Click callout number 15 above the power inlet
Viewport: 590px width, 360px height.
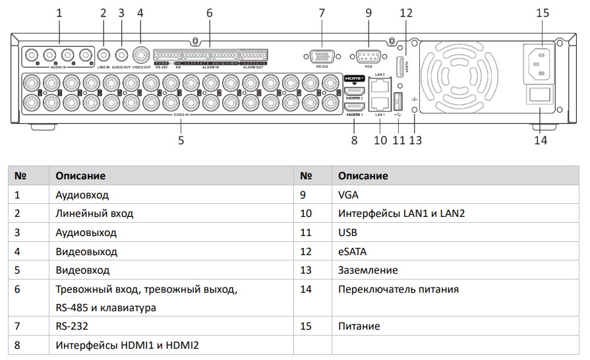point(543,12)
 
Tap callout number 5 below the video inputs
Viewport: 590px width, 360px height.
point(181,139)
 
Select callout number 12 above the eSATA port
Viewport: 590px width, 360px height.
point(406,12)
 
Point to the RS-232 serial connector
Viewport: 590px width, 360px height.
point(321,55)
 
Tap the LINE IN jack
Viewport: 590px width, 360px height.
point(103,56)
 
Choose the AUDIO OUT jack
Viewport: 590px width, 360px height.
point(121,56)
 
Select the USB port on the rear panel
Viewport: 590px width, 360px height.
point(398,102)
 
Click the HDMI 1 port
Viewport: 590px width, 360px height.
point(354,107)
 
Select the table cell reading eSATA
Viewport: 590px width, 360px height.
point(352,251)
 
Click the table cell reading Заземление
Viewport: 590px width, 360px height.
point(368,270)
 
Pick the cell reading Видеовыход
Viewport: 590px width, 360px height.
point(86,251)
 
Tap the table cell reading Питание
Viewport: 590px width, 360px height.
point(359,326)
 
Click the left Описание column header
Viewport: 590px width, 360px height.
point(80,176)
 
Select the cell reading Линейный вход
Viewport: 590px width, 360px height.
point(94,214)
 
